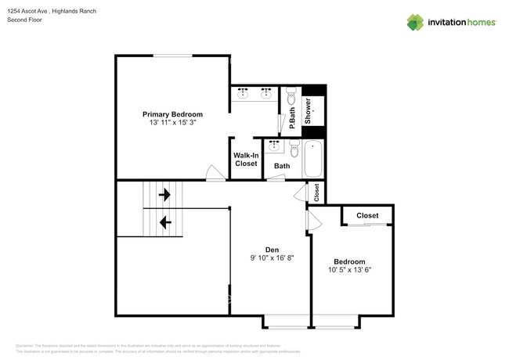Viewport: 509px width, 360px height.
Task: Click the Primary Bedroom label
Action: pyautogui.click(x=172, y=114)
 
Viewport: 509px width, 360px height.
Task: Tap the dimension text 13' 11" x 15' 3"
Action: pyautogui.click(x=172, y=124)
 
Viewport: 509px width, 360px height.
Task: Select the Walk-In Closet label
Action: pyautogui.click(x=246, y=160)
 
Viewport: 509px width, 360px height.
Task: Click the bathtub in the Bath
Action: pyautogui.click(x=314, y=160)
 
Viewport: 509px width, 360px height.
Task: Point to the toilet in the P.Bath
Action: pyautogui.click(x=291, y=97)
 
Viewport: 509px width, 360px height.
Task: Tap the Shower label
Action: pyautogui.click(x=309, y=111)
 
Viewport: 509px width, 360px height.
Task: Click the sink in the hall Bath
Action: pyautogui.click(x=275, y=146)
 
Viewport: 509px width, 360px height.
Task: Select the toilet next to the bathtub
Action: pyautogui.click(x=294, y=148)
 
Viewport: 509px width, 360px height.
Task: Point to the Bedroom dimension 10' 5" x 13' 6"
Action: pyautogui.click(x=349, y=270)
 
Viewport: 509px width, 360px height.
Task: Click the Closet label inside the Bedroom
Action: pyautogui.click(x=367, y=215)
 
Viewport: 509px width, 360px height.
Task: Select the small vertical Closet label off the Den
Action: pyautogui.click(x=316, y=192)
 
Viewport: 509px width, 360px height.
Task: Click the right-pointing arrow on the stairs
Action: pyautogui.click(x=164, y=194)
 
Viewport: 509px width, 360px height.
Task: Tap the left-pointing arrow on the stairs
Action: pyautogui.click(x=164, y=222)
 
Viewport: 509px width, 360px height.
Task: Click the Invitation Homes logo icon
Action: pyautogui.click(x=415, y=22)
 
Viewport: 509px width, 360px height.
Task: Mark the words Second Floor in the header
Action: pyautogui.click(x=25, y=20)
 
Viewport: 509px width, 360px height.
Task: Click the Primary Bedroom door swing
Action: pyautogui.click(x=213, y=174)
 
